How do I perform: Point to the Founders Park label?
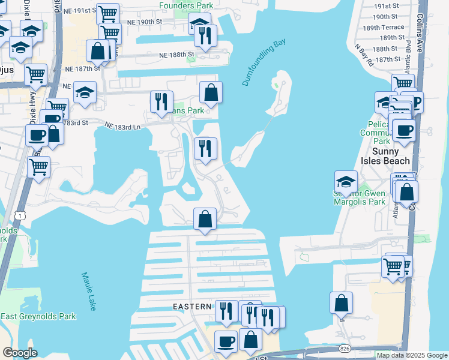(185, 5)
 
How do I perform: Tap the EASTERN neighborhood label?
(192, 306)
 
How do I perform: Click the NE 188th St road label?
(178, 55)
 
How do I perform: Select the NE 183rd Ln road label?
(122, 126)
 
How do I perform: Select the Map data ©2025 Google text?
(412, 355)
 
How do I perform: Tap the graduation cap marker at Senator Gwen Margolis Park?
(346, 181)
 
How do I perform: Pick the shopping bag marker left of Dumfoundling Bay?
(211, 92)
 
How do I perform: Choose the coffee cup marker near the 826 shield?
(226, 341)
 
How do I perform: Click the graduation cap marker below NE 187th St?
(85, 92)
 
